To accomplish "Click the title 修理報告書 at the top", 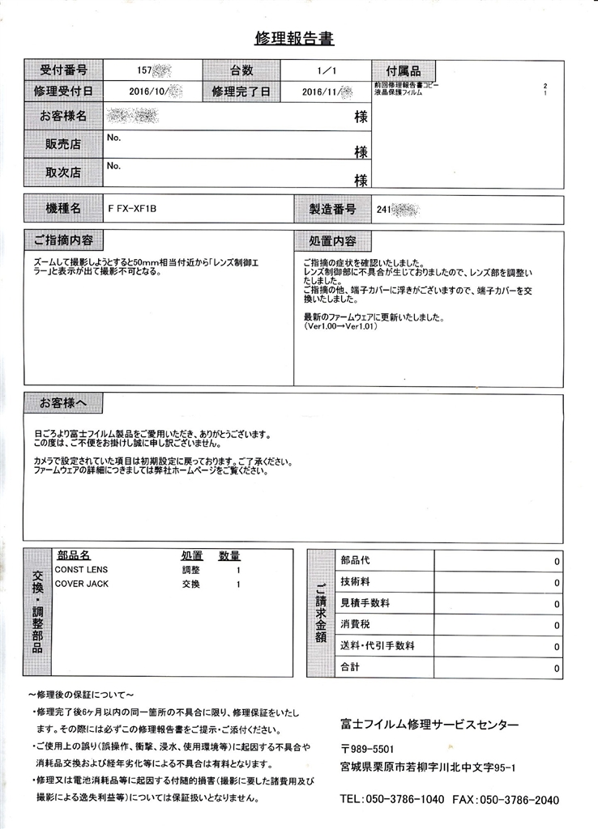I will [x=294, y=38].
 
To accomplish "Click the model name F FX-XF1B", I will [x=131, y=209].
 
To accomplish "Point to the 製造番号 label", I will [x=332, y=209].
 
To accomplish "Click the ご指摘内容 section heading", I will [x=63, y=240].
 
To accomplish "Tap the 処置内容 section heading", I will [x=332, y=241].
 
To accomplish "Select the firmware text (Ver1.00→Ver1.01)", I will [x=340, y=327].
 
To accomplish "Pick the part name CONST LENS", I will [x=81, y=570].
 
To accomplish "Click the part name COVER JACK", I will [x=82, y=584].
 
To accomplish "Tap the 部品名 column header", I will [x=74, y=556].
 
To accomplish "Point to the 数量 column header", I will [x=229, y=556].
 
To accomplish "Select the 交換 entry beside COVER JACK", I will [x=190, y=584].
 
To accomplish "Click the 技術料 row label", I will [x=357, y=582].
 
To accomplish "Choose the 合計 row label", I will [x=351, y=668].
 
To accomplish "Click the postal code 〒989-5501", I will [x=368, y=749].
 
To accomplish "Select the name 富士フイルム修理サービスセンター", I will [x=429, y=725].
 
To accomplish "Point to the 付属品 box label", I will [x=402, y=70].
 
